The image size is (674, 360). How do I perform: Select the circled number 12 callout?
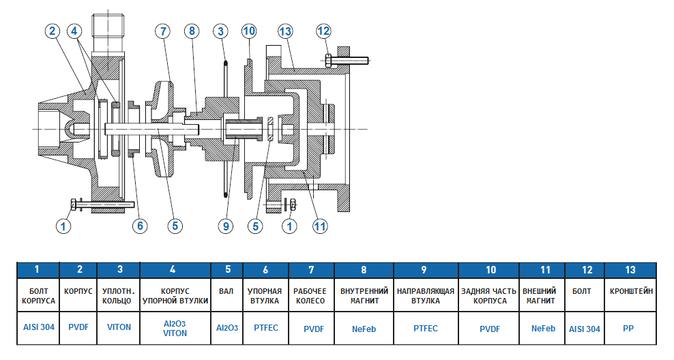point(323,31)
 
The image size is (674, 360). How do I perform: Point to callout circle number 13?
point(284,31)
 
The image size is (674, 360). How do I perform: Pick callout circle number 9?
point(226,226)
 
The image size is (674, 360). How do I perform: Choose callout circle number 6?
point(140,226)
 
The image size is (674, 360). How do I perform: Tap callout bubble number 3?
point(220,31)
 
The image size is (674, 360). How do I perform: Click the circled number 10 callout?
point(249,31)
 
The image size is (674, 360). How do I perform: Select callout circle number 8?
point(192,31)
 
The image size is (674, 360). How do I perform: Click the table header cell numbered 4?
point(175,270)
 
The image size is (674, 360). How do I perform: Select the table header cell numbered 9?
point(425,270)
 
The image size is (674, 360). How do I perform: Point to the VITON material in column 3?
point(119,327)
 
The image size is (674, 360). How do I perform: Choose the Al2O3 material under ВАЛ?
point(227,328)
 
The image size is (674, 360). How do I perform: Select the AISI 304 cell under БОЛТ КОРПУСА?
point(38,327)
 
